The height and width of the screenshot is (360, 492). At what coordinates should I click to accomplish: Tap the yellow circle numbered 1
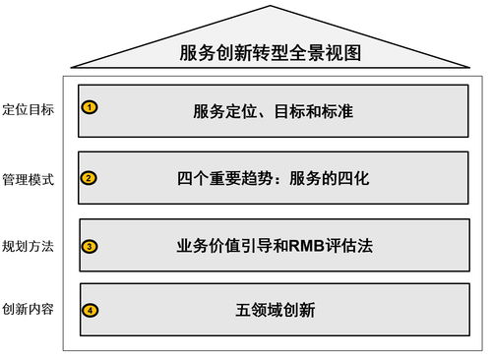tap(89, 106)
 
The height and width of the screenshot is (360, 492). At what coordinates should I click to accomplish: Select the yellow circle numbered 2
tap(89, 178)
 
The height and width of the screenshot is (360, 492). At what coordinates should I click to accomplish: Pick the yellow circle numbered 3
tap(90, 246)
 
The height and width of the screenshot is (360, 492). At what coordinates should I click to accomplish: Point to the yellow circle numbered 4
tap(91, 310)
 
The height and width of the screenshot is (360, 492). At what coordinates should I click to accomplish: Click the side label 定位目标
tap(28, 109)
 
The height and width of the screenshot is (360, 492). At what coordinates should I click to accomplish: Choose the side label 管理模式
tap(28, 179)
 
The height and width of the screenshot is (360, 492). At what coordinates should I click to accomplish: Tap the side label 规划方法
tap(28, 246)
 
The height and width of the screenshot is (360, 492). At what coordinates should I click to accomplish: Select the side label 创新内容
tap(28, 310)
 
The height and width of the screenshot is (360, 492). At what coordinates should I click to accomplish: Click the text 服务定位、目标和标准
tap(273, 111)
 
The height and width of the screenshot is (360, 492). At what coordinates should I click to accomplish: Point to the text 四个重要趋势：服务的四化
tap(273, 179)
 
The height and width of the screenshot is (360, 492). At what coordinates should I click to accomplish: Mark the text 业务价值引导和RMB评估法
tap(273, 246)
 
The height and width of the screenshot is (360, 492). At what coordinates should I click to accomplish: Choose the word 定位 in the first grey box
tap(241, 111)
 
